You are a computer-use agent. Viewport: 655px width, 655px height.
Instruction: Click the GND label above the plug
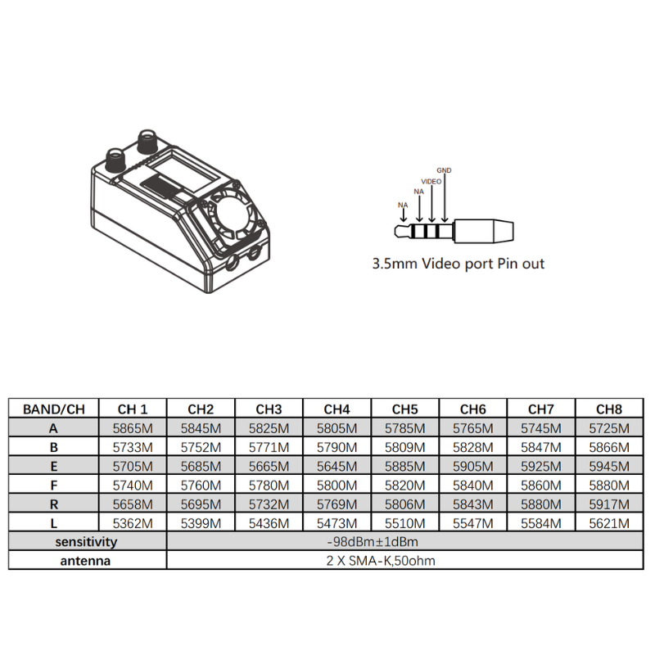pyautogui.click(x=444, y=170)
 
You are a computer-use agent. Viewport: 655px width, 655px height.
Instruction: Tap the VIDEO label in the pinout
pyautogui.click(x=431, y=182)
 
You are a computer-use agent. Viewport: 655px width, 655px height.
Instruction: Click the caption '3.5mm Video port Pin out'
pyautogui.click(x=458, y=264)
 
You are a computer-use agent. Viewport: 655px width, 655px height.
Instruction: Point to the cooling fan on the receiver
pyautogui.click(x=233, y=216)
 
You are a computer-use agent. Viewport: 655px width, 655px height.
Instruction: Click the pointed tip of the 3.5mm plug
pyautogui.click(x=395, y=231)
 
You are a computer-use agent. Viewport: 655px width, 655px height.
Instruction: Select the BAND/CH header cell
pyautogui.click(x=54, y=409)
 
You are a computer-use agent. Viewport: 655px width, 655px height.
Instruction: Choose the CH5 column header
pyautogui.click(x=404, y=409)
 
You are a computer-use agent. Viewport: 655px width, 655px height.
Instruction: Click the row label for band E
pyautogui.click(x=54, y=467)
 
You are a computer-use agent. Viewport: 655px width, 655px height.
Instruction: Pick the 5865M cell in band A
pyautogui.click(x=133, y=428)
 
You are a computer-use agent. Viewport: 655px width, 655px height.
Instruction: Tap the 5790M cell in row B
pyautogui.click(x=337, y=448)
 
